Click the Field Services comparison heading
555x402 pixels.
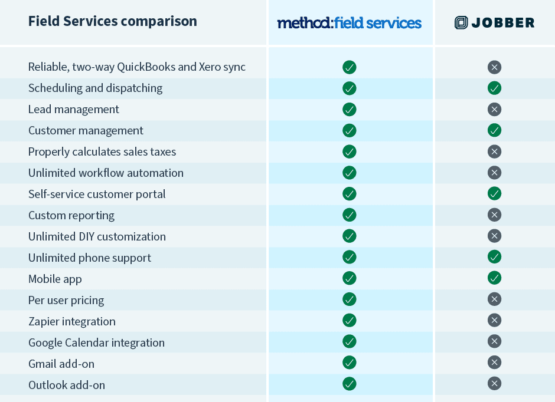click(112, 22)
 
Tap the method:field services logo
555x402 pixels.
click(350, 23)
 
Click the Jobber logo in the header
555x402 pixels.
click(494, 23)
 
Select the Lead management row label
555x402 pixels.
click(74, 109)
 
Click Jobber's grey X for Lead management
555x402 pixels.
click(494, 109)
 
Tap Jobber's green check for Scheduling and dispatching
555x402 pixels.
click(494, 88)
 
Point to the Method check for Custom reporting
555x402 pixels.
click(350, 215)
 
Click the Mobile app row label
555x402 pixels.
click(55, 279)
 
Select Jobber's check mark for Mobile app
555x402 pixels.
click(494, 278)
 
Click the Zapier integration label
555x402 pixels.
click(72, 321)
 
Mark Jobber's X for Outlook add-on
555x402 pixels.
click(494, 384)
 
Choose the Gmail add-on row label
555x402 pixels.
click(61, 364)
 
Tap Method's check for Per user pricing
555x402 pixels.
click(350, 299)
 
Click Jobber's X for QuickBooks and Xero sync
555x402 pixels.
click(494, 67)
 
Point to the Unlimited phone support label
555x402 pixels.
click(90, 258)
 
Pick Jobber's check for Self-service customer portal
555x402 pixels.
click(494, 193)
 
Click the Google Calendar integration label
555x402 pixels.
click(96, 342)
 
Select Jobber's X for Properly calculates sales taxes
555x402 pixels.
click(494, 151)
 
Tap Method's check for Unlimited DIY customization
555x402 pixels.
click(350, 236)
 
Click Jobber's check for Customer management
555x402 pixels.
click(494, 130)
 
